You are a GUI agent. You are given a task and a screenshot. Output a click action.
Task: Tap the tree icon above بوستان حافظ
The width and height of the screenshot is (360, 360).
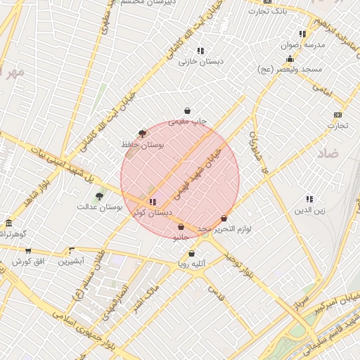click(143, 133)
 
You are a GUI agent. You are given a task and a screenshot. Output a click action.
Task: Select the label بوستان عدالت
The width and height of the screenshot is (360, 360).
click(100, 207)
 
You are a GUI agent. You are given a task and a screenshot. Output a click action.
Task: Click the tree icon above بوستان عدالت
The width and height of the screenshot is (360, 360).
click(99, 196)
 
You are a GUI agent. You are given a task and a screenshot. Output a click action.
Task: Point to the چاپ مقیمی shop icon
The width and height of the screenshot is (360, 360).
click(188, 110)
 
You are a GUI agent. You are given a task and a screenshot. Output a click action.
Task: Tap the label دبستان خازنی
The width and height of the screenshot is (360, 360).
click(200, 61)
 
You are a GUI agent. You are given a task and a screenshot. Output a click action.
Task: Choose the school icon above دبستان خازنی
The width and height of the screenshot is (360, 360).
click(200, 51)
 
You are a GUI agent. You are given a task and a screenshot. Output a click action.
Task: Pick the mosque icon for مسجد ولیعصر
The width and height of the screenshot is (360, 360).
click(290, 59)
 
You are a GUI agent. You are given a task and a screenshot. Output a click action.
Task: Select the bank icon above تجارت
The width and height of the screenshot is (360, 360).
click(337, 115)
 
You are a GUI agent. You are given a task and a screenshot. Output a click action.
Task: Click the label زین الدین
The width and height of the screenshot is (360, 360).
click(309, 210)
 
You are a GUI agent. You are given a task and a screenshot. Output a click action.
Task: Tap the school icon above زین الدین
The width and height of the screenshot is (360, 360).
click(309, 200)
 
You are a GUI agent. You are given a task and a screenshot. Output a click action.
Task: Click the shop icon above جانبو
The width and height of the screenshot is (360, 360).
click(181, 227)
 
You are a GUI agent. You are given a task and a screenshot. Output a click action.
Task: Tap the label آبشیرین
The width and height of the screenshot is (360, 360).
click(71, 261)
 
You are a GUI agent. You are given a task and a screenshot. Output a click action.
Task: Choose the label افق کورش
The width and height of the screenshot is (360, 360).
click(27, 262)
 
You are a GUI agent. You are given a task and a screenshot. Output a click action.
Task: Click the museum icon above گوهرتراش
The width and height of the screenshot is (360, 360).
click(8, 222)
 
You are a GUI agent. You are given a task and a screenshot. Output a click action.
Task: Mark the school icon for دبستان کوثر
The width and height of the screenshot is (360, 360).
click(153, 202)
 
